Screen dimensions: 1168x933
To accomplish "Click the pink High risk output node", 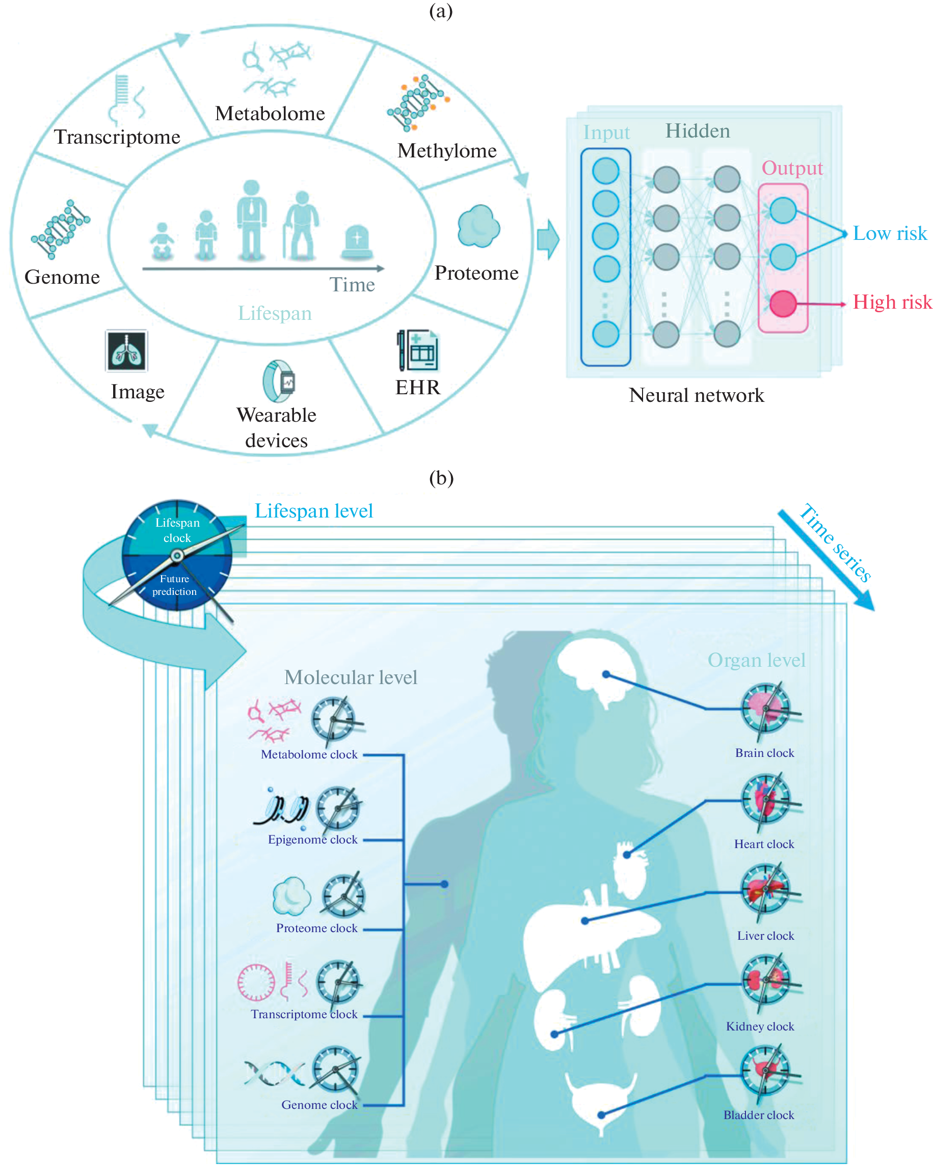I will point(782,304).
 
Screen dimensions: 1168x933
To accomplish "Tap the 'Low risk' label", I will point(889,233).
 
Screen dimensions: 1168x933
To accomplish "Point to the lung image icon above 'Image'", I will point(126,350).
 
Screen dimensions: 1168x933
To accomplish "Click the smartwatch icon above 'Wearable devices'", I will point(279,381).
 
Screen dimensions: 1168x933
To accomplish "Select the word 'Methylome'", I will point(446,151).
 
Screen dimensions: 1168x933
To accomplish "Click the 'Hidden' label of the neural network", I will point(697,131).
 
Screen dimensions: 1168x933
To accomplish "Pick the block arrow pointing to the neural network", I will point(548,239).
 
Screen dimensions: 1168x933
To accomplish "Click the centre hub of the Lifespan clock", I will point(177,555).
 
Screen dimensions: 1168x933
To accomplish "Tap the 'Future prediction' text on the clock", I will point(174,585).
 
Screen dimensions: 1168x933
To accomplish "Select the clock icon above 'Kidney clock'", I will point(765,981).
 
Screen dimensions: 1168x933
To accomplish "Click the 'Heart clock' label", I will point(763,844).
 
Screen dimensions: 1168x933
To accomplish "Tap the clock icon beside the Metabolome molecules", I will point(334,719).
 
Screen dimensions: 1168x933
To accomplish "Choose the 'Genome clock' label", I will point(319,1105).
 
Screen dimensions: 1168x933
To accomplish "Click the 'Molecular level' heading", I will point(351,677).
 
